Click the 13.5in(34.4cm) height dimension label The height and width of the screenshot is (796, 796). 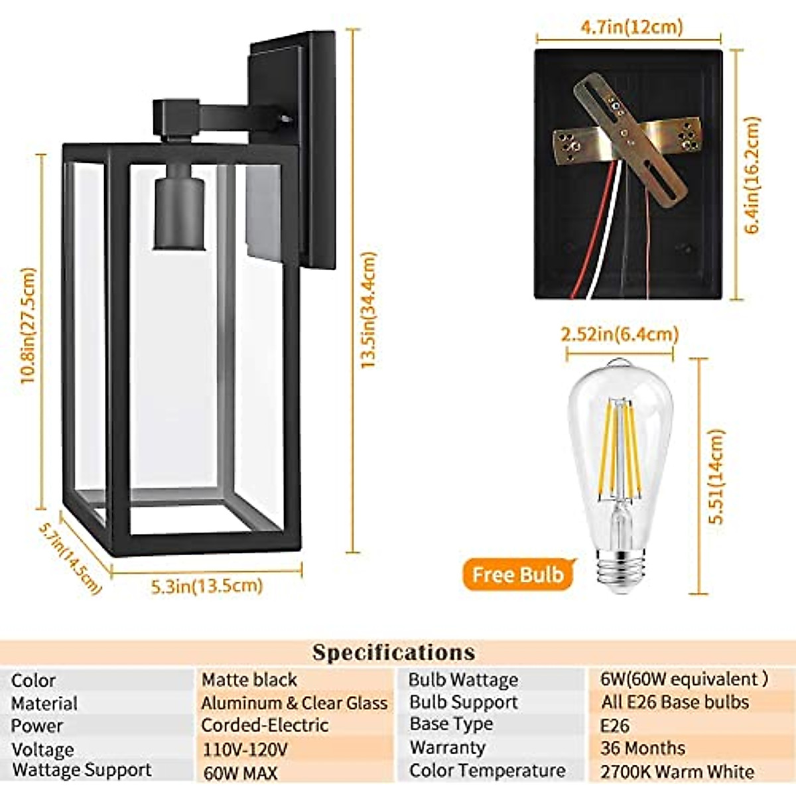[x=369, y=310]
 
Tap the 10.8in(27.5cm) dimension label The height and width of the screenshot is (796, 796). [x=28, y=325]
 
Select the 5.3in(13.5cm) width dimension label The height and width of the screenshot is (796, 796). [x=207, y=586]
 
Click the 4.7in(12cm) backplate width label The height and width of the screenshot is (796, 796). [x=631, y=27]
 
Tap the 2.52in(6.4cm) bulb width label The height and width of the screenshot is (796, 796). [x=620, y=334]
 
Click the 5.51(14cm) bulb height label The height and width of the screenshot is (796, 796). [x=716, y=476]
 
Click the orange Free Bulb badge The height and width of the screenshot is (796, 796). [x=518, y=574]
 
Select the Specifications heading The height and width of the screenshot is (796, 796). [x=394, y=652]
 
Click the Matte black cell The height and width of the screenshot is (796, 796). [x=249, y=680]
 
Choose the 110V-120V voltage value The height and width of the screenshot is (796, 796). [x=245, y=750]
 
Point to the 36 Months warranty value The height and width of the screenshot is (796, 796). [x=643, y=748]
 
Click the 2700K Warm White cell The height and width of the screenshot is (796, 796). [x=677, y=772]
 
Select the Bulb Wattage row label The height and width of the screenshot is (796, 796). [x=463, y=680]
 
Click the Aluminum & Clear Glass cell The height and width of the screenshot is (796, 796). [x=295, y=703]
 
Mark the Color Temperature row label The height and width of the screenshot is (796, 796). [x=488, y=771]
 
